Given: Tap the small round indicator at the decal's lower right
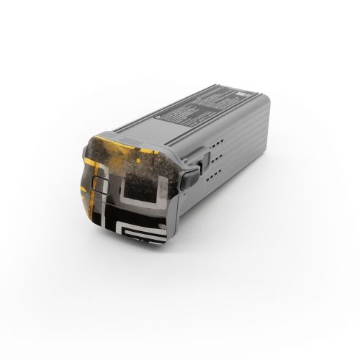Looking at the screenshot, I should [x=163, y=230].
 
